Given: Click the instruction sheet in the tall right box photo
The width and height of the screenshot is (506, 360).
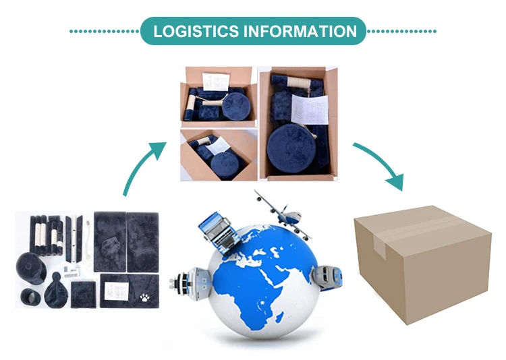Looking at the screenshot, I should [x=308, y=104].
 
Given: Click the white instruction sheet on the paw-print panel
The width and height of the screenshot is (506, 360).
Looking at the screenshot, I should [x=116, y=288].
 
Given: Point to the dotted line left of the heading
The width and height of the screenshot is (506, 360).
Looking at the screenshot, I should [x=104, y=31].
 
